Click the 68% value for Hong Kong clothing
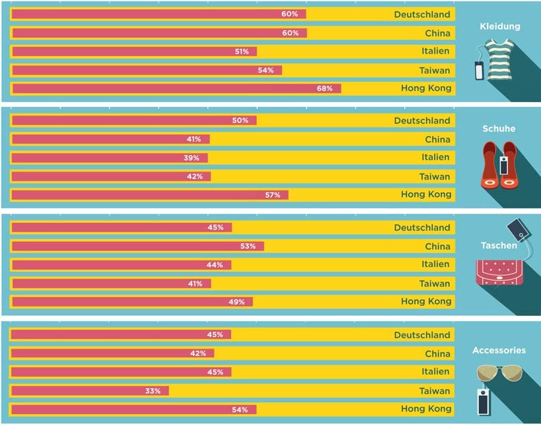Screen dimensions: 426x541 [x=325, y=88]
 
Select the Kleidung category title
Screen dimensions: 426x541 [x=500, y=27]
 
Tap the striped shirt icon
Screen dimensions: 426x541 [x=500, y=60]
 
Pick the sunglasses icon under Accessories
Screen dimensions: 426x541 [x=499, y=374]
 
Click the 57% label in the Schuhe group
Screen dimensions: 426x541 [x=273, y=195]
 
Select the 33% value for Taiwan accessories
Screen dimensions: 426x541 [x=153, y=391]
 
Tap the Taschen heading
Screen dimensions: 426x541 [x=498, y=246]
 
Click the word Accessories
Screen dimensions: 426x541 [x=498, y=350]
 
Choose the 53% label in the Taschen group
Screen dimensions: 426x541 [x=248, y=246]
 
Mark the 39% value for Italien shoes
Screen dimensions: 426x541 [x=192, y=158]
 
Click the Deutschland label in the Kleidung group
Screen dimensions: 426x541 [x=422, y=14]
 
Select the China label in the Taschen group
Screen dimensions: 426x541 [x=437, y=246]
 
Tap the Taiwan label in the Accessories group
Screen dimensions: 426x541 [x=435, y=391]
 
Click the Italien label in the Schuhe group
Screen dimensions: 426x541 [x=435, y=158]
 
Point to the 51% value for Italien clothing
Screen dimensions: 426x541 [x=242, y=51]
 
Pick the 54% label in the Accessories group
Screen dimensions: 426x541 [x=240, y=409]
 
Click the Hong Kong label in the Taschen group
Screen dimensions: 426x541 [x=426, y=301]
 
